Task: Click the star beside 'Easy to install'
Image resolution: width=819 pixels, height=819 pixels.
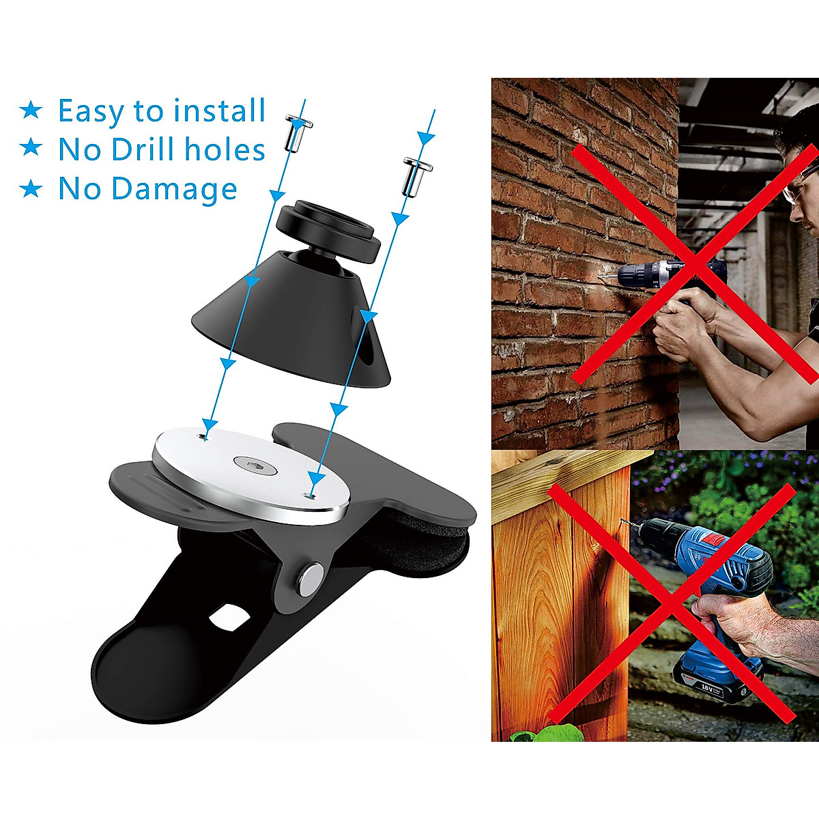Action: pyautogui.click(x=31, y=110)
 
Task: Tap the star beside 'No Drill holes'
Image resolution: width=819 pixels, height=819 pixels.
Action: pyautogui.click(x=31, y=148)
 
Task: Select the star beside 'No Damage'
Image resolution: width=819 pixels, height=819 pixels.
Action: pyautogui.click(x=31, y=188)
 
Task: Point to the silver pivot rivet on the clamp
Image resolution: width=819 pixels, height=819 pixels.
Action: pyautogui.click(x=311, y=577)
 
